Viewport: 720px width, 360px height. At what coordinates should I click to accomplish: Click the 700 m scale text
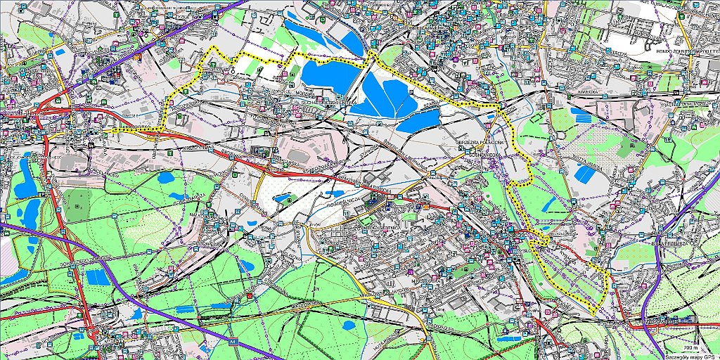coord(690,348)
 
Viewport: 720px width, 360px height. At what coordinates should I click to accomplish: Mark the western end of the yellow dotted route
coord(112,130)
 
